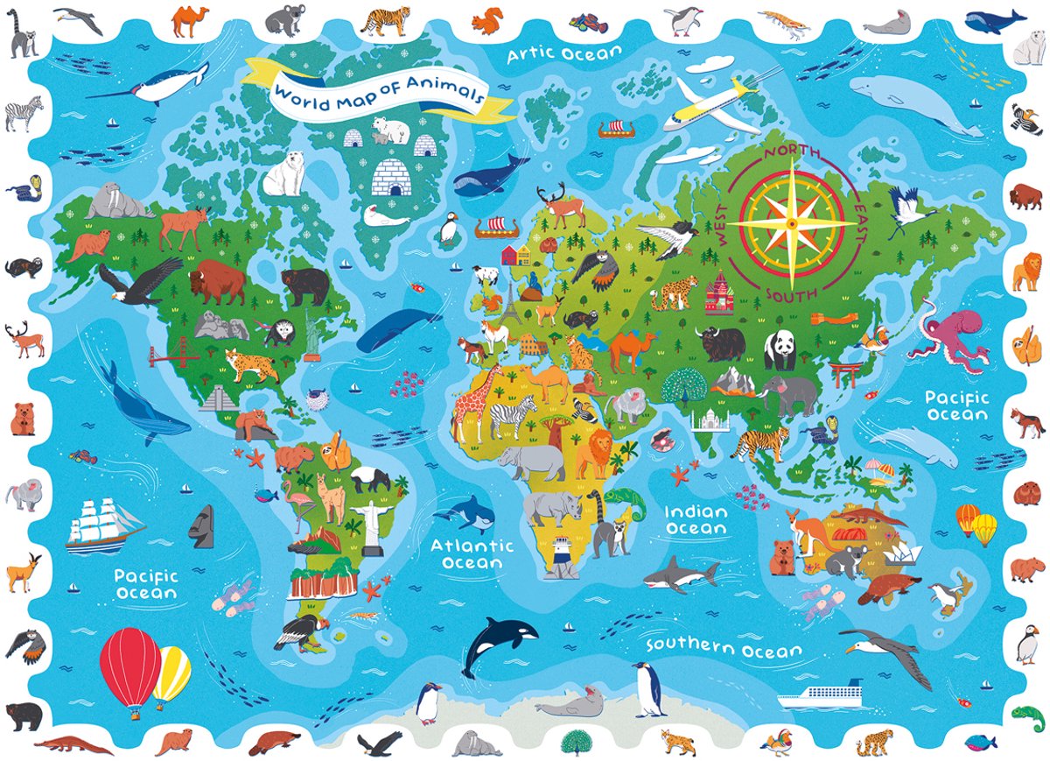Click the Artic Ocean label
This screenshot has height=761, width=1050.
(565, 54)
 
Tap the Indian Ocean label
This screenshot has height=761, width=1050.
(696, 520)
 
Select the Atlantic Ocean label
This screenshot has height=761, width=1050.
(472, 553)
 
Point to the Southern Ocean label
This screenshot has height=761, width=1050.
(724, 648)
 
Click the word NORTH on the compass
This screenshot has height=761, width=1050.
(793, 153)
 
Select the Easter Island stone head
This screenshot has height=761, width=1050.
(203, 525)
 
